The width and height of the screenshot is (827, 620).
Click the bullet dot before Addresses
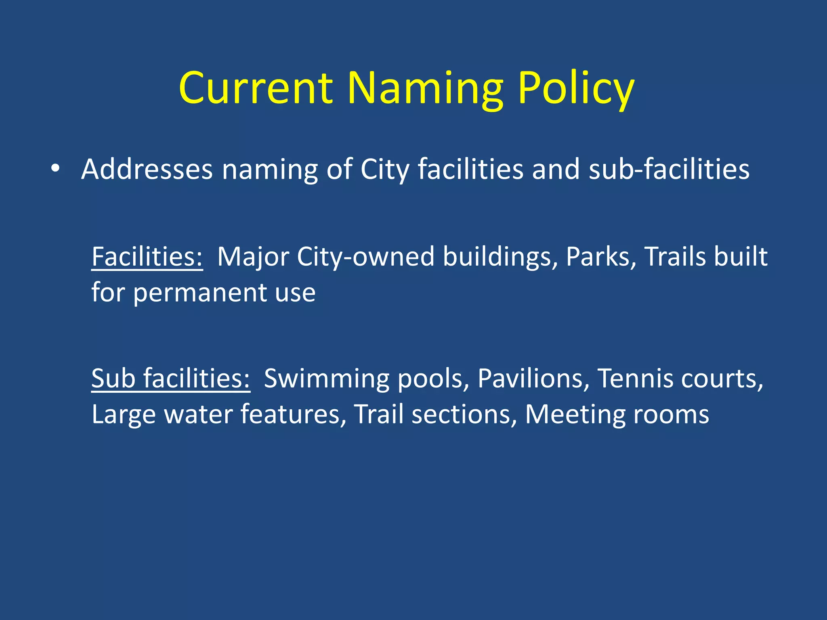tap(55, 168)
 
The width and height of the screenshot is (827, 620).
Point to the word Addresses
tap(147, 168)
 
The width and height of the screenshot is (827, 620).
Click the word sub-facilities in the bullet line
tap(669, 168)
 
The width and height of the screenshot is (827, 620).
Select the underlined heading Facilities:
tap(147, 256)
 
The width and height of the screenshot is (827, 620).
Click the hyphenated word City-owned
tap(365, 256)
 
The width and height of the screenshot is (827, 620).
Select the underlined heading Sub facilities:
tap(170, 378)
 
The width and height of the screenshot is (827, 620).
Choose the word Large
tap(123, 414)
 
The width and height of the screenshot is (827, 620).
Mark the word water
tap(197, 414)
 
